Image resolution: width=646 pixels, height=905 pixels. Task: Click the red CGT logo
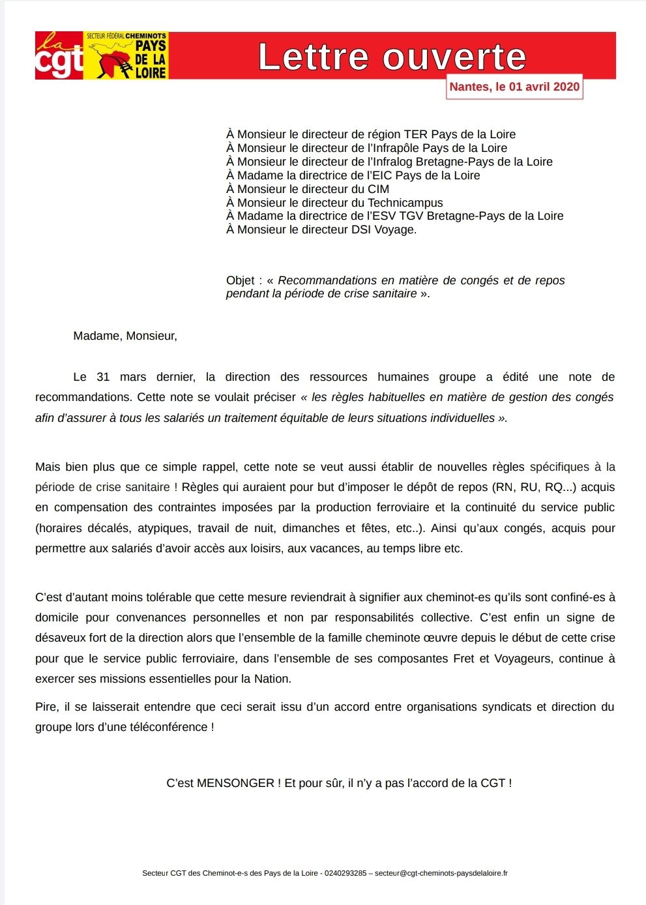click(59, 56)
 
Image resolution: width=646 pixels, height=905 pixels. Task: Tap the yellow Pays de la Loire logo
click(126, 56)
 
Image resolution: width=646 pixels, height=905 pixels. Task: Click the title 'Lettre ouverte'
click(392, 57)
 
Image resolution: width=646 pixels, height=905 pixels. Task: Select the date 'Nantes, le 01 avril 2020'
click(514, 87)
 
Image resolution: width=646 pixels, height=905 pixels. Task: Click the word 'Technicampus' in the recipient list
click(405, 203)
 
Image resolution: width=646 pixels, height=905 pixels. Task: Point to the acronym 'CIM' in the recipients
click(378, 189)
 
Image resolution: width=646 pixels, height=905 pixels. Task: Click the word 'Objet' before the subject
click(241, 280)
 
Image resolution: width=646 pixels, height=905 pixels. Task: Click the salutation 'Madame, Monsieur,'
click(125, 336)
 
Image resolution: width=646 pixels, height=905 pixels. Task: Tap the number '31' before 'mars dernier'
click(103, 377)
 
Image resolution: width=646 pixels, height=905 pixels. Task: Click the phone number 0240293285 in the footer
click(345, 873)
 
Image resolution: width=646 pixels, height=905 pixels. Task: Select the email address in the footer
click(441, 873)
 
